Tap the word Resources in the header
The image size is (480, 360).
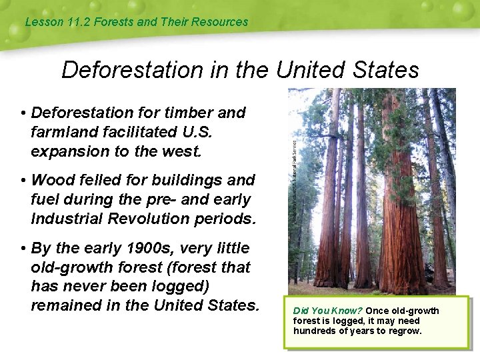pyautogui.click(x=219, y=22)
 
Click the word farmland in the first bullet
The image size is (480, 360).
pyautogui.click(x=61, y=132)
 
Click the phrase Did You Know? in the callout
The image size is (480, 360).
pyautogui.click(x=327, y=311)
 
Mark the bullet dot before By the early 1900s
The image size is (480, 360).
pyautogui.click(x=23, y=248)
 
